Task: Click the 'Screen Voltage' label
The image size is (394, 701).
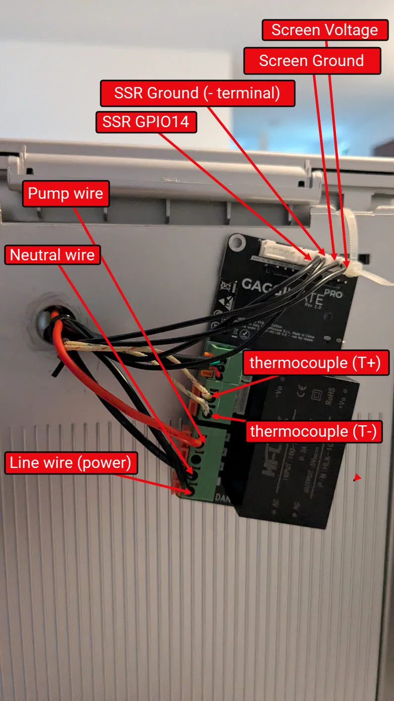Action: click(325, 30)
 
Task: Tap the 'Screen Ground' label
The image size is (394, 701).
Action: click(312, 61)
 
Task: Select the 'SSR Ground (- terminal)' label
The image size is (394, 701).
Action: click(197, 93)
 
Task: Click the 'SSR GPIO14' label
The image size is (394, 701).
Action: click(146, 121)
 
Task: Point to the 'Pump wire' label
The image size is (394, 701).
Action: click(66, 193)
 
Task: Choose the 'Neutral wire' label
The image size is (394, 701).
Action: click(52, 255)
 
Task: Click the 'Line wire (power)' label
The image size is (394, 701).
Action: click(70, 463)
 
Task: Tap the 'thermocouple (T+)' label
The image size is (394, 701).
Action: click(315, 363)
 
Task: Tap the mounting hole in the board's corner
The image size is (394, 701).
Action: click(238, 243)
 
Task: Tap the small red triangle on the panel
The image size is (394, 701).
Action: click(356, 478)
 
